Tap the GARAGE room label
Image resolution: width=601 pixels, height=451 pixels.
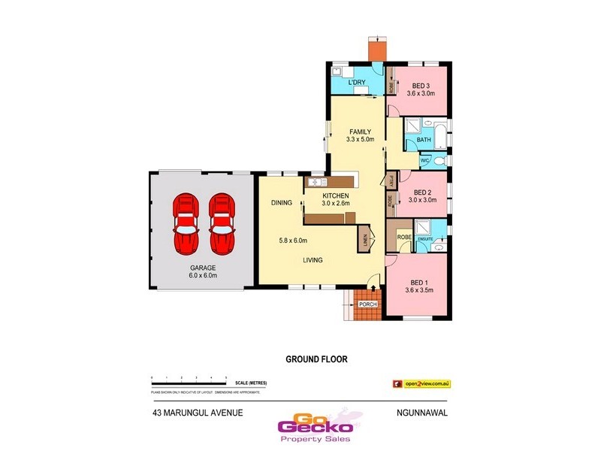[x=203, y=268]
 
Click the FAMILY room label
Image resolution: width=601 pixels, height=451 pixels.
[x=361, y=132]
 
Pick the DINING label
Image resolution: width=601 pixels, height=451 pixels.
[x=282, y=203]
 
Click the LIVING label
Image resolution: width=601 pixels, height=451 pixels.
[x=313, y=260]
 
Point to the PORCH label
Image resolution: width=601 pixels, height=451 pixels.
[x=367, y=304]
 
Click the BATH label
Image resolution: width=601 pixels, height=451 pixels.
[x=424, y=140]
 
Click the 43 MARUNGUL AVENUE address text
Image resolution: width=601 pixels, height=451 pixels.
[x=198, y=413]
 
